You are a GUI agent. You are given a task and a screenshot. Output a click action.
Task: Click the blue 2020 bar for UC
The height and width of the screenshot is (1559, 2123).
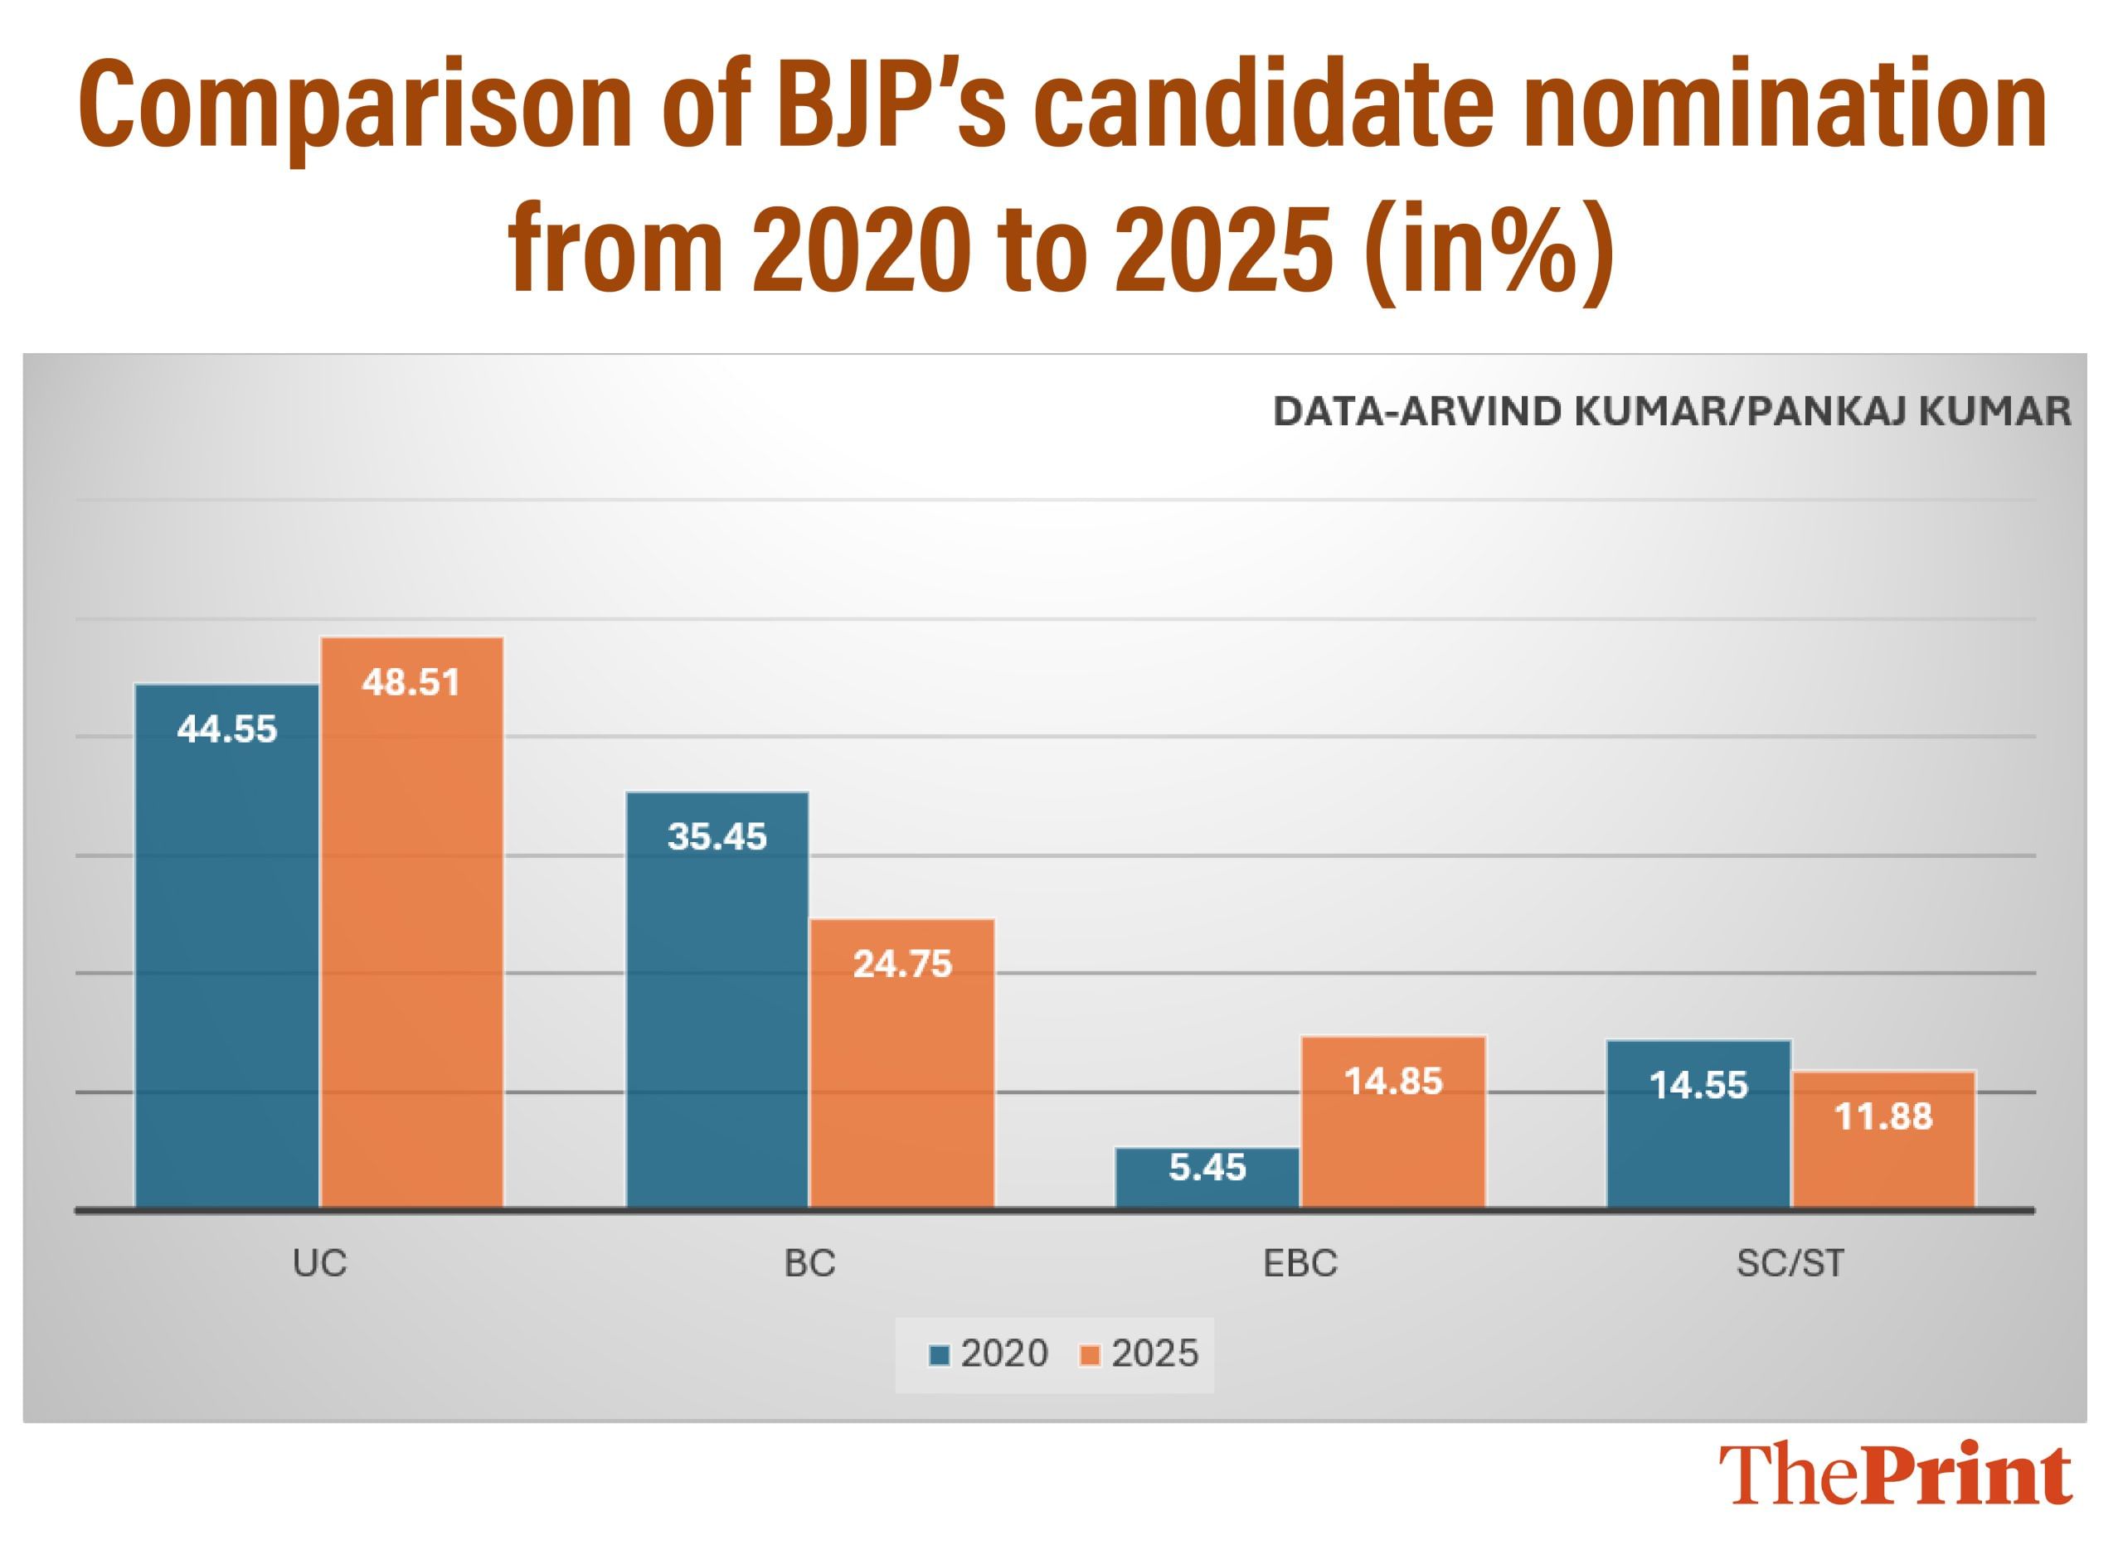(x=226, y=944)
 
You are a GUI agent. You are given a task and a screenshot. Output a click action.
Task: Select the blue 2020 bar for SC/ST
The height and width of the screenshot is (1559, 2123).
(x=1698, y=1123)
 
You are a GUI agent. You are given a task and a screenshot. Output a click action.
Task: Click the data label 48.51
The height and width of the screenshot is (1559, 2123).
(x=411, y=682)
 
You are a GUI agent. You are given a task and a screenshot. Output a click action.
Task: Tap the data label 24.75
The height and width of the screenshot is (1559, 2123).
(x=902, y=964)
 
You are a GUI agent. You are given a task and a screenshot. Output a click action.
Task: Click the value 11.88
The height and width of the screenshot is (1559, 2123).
(x=1883, y=1117)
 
